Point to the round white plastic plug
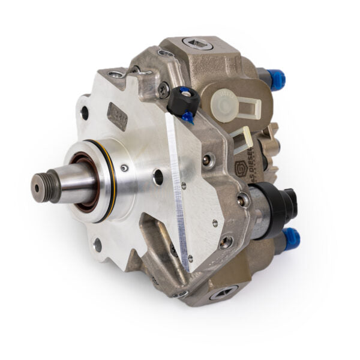point(227,97)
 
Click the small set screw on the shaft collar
point(124,169)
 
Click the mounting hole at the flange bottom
point(97,244)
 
